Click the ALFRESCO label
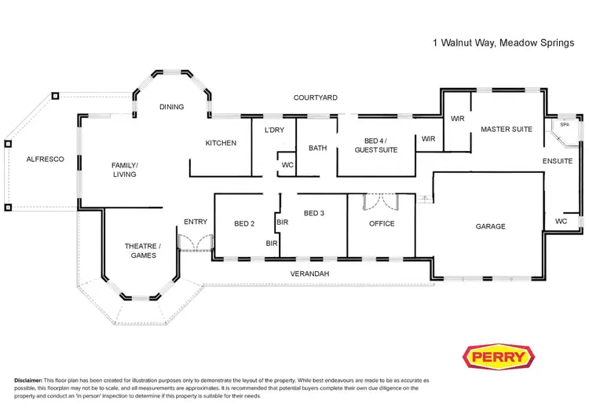[45, 159]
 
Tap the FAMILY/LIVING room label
[124, 169]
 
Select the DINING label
[171, 107]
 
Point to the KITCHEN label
[221, 143]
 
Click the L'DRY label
[274, 130]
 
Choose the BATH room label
[317, 148]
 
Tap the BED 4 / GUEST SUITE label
[376, 145]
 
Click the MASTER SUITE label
[506, 129]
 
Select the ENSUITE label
[558, 161]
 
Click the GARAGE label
[490, 226]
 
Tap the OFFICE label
[382, 223]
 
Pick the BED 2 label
[244, 224]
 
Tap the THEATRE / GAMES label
[139, 250]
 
